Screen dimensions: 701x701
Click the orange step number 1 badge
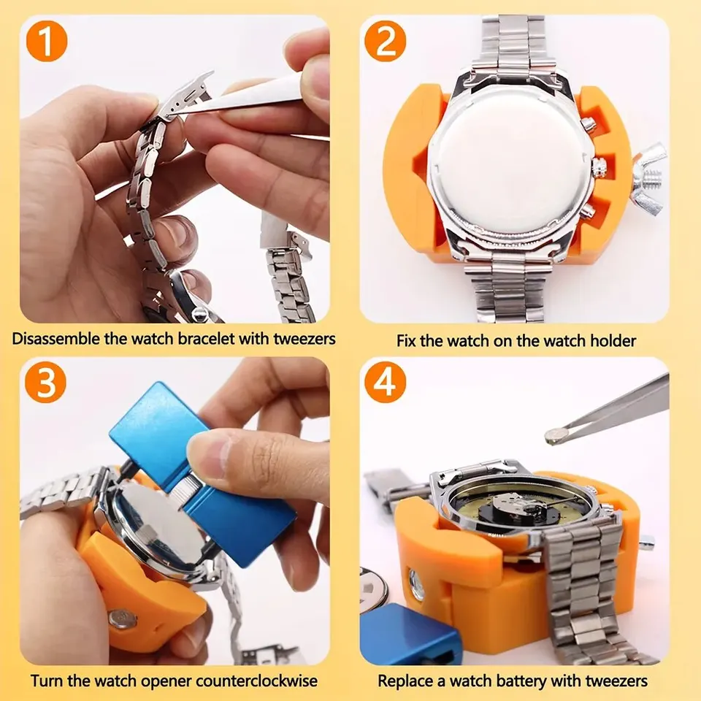tap(45, 42)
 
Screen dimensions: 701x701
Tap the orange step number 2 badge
tap(385, 42)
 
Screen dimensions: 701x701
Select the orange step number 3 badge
tap(45, 383)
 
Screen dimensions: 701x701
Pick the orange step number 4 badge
tap(385, 383)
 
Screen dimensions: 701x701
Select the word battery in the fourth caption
tap(530, 681)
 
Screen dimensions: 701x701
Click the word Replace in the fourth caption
tap(403, 681)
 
